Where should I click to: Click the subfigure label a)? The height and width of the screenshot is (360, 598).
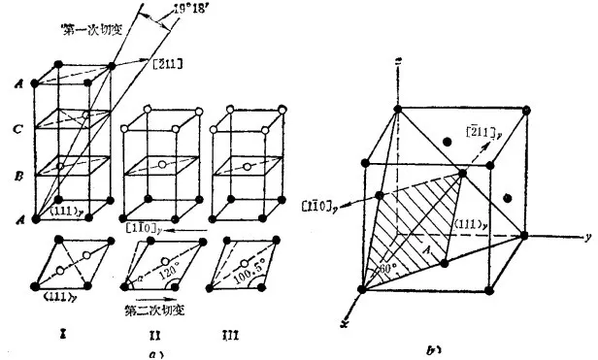(x=153, y=352)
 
